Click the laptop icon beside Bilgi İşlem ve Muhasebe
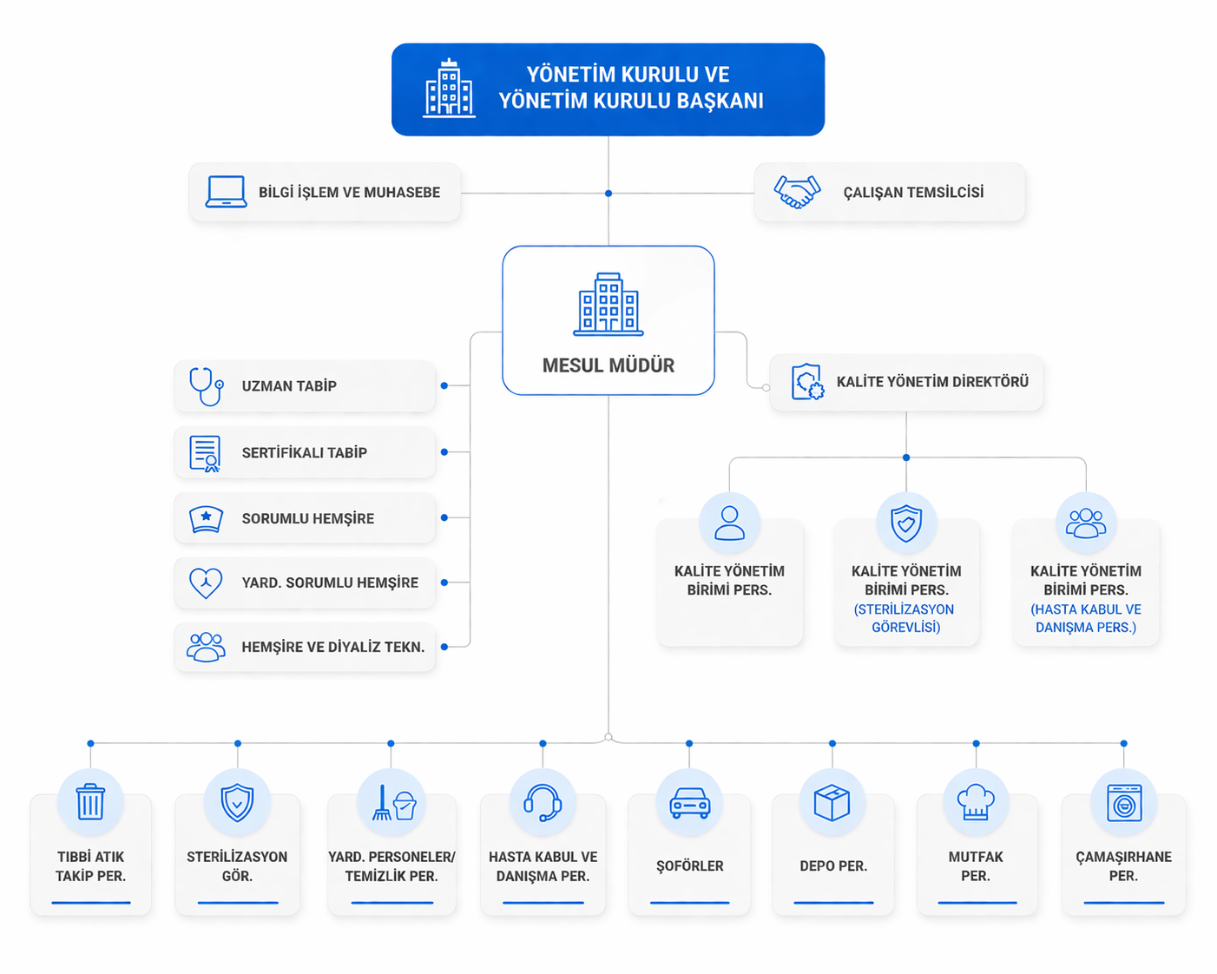click(x=226, y=192)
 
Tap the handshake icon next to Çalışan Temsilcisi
click(x=797, y=192)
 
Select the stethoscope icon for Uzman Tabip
click(x=206, y=385)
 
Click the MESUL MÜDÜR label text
click(x=608, y=365)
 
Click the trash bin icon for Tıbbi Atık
click(x=90, y=802)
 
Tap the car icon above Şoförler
click(x=689, y=803)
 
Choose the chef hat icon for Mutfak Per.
click(x=975, y=802)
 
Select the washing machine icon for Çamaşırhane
click(x=1123, y=803)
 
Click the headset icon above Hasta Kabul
click(x=543, y=802)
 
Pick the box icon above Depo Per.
click(x=832, y=803)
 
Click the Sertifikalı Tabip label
click(x=304, y=452)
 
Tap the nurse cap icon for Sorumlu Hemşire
click(x=206, y=519)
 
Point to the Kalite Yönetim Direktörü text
click(x=932, y=382)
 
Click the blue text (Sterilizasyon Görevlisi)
click(x=905, y=618)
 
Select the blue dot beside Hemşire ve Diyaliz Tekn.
click(x=444, y=647)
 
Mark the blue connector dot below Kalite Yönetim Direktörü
click(x=906, y=457)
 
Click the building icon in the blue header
click(x=449, y=89)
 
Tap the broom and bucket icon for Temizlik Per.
click(x=393, y=803)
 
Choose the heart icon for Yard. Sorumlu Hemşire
click(x=206, y=582)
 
